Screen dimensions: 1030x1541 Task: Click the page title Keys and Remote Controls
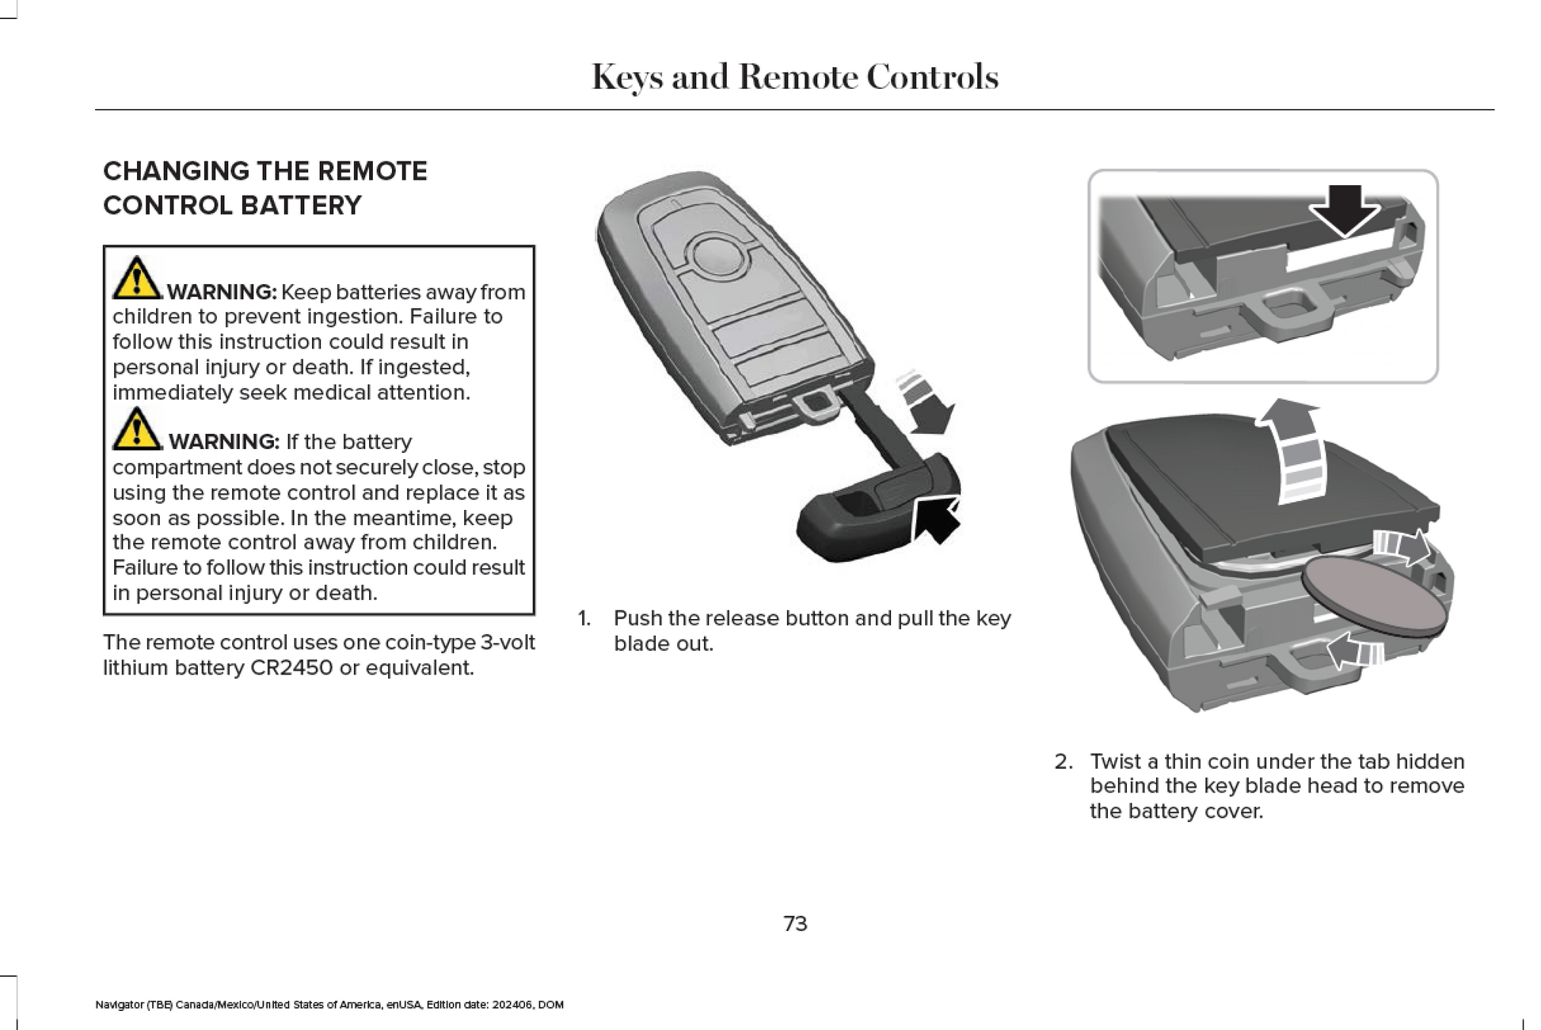794,78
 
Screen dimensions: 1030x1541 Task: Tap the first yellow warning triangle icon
136,278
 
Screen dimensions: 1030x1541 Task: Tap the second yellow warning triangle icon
136,429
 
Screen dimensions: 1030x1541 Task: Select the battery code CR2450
291,668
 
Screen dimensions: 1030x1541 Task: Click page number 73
795,923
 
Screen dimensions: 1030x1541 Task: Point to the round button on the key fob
717,256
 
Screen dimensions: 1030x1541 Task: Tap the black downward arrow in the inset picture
1345,210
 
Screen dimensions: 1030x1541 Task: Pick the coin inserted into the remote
1374,594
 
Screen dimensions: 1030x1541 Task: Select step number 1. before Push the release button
584,618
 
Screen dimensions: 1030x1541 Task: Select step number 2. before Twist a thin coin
1063,762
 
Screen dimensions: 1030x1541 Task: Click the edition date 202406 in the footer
512,1005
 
